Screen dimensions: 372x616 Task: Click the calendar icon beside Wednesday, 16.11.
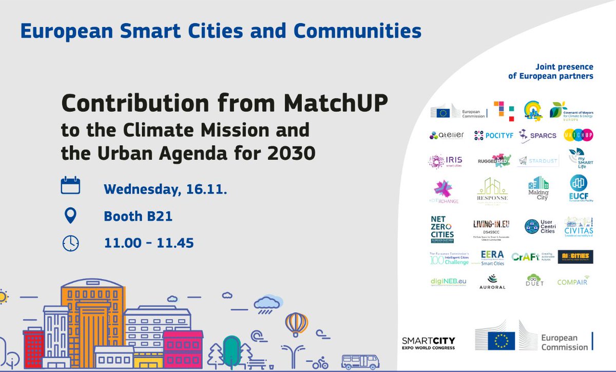(x=70, y=185)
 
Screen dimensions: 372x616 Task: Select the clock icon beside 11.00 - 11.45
(x=70, y=242)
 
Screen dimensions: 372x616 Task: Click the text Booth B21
(x=138, y=217)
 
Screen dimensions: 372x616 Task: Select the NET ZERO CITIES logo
(x=442, y=228)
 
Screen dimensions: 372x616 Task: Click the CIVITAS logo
(x=579, y=227)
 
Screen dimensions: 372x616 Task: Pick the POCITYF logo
(x=491, y=135)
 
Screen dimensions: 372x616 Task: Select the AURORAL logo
(x=491, y=282)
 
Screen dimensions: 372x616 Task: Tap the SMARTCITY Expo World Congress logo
(x=429, y=343)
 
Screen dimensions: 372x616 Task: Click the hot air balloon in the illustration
(x=297, y=324)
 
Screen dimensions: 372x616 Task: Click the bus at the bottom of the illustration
(x=360, y=361)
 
